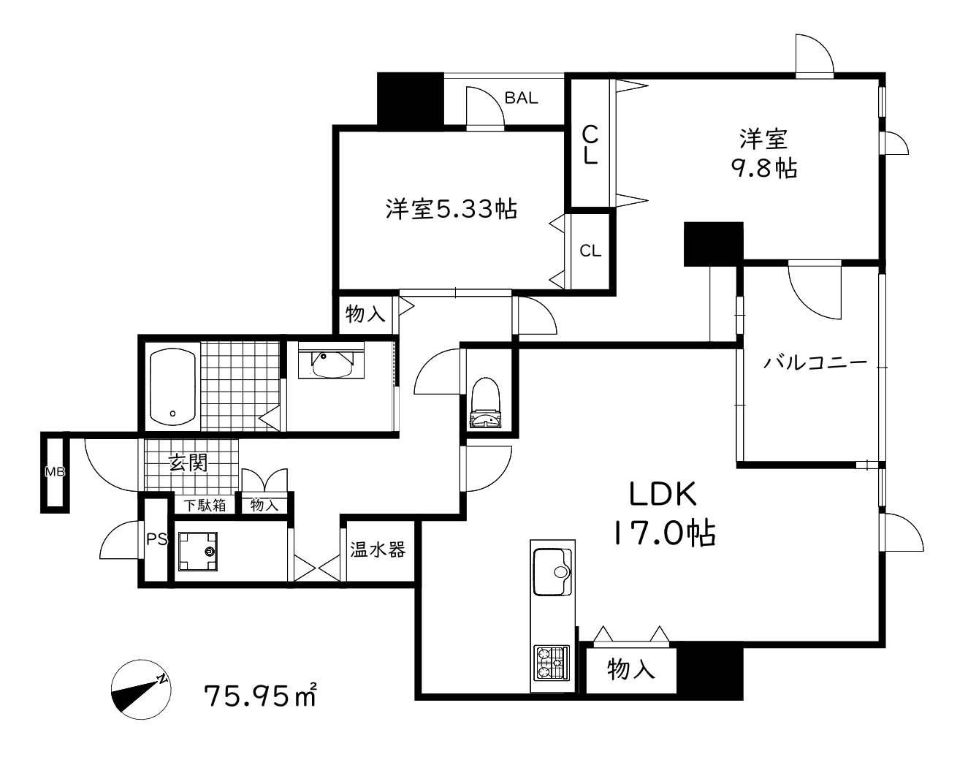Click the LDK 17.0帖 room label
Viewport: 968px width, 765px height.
click(663, 514)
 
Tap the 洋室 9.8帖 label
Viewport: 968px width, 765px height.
click(763, 153)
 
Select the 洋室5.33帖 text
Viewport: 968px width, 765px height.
click(451, 209)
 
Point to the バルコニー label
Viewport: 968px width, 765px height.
click(815, 362)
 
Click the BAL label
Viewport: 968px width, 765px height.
click(521, 98)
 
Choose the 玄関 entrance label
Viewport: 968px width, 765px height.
click(188, 463)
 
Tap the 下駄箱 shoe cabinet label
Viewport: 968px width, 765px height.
click(205, 505)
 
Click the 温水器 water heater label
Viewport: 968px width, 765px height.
click(377, 549)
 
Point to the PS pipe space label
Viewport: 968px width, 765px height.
click(156, 540)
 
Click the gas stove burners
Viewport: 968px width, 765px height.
click(551, 662)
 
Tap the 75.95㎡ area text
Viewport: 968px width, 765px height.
click(260, 695)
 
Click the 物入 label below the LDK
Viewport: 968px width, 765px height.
click(630, 669)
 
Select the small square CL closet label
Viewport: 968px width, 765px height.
click(590, 251)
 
